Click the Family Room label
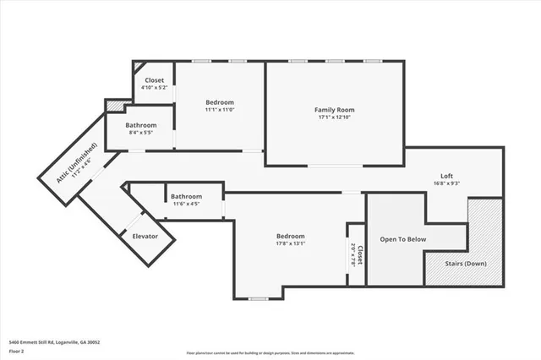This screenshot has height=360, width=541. click(334, 110)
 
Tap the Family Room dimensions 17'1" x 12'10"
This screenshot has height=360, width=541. click(334, 118)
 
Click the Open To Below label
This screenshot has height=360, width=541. click(402, 239)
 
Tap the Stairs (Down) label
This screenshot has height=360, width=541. click(466, 263)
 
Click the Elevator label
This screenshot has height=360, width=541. click(145, 236)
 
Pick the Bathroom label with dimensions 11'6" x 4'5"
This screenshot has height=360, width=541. click(185, 196)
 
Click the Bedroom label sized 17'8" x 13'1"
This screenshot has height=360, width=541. click(290, 236)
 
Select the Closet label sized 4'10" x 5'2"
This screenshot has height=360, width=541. click(154, 80)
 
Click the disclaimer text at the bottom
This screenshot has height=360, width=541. click(270, 352)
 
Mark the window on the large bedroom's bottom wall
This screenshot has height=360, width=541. click(258, 298)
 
